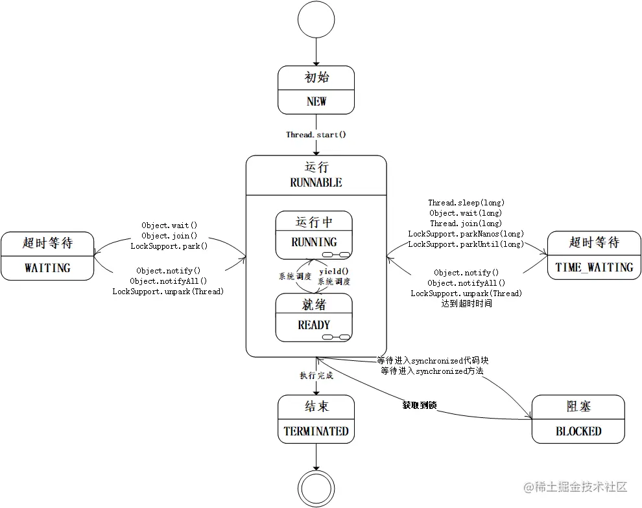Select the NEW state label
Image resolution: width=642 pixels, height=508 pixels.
[316, 102]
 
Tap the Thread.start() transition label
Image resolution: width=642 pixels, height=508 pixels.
[316, 135]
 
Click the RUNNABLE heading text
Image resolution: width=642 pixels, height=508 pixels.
[316, 183]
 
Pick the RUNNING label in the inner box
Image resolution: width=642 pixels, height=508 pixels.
[314, 242]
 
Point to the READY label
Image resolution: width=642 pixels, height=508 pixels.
[314, 325]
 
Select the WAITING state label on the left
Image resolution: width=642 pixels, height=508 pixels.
[47, 267]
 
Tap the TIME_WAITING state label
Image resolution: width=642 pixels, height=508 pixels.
[594, 267]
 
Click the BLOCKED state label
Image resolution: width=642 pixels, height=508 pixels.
[578, 431]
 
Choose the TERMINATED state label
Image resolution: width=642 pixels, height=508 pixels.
[316, 431]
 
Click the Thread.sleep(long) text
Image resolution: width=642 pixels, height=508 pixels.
[466, 203]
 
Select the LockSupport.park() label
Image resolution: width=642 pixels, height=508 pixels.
[169, 246]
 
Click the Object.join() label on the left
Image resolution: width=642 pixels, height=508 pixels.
[169, 236]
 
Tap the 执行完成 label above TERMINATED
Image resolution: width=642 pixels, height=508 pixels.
[316, 376]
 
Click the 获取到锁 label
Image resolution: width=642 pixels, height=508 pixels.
[420, 406]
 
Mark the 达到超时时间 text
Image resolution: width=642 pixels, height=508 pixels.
[466, 303]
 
